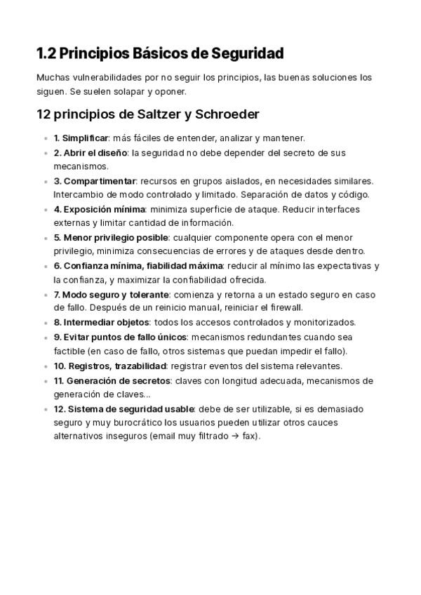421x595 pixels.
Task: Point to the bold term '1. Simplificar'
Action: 81,138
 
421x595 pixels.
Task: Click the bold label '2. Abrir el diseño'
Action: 91,153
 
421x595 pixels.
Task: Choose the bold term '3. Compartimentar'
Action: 94,181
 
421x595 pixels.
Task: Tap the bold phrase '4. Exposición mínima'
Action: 99,209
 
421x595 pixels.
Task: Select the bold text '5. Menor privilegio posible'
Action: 111,237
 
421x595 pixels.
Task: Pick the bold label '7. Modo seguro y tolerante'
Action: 111,294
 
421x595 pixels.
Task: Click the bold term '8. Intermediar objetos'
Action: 101,323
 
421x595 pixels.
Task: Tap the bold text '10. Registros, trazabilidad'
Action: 109,366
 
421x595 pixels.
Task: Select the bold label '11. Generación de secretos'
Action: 112,380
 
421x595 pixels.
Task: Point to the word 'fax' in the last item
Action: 248,436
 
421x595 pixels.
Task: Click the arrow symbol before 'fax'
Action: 234,436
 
